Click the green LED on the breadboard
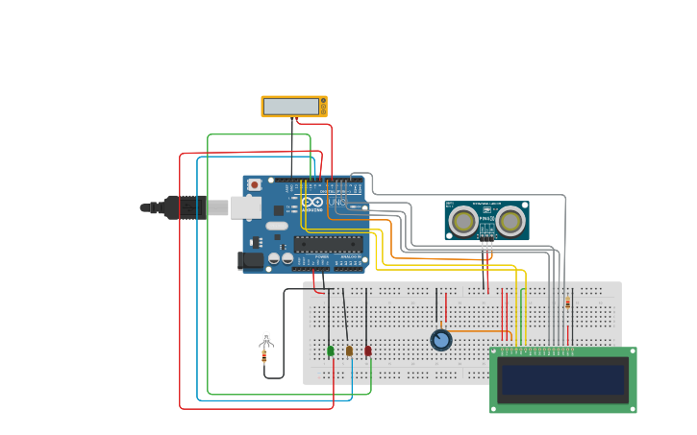pyautogui.click(x=331, y=351)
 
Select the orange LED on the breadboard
pyautogui.click(x=349, y=351)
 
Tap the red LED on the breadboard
pyautogui.click(x=367, y=351)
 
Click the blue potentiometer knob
pyautogui.click(x=440, y=340)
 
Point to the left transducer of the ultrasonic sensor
pyautogui.click(x=463, y=222)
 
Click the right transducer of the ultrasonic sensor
pyautogui.click(x=510, y=222)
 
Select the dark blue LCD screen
pyautogui.click(x=562, y=380)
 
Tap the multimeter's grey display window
pyautogui.click(x=291, y=106)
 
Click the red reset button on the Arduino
pyautogui.click(x=255, y=184)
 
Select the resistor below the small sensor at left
pyautogui.click(x=264, y=357)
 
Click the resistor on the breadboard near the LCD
pyautogui.click(x=567, y=303)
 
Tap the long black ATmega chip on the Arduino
pyautogui.click(x=328, y=244)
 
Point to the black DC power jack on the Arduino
pyautogui.click(x=250, y=259)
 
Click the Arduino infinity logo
pyautogui.click(x=312, y=203)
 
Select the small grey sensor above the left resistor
pyautogui.click(x=266, y=339)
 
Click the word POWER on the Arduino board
pyautogui.click(x=321, y=257)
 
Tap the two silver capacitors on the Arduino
pyautogui.click(x=281, y=257)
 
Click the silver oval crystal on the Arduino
pyautogui.click(x=277, y=227)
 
